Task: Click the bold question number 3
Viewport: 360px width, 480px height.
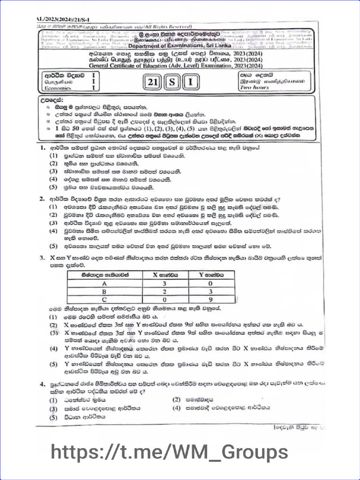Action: (x=42, y=257)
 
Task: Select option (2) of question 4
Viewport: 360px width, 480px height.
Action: (x=177, y=400)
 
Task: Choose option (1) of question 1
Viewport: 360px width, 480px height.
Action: (x=53, y=156)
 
